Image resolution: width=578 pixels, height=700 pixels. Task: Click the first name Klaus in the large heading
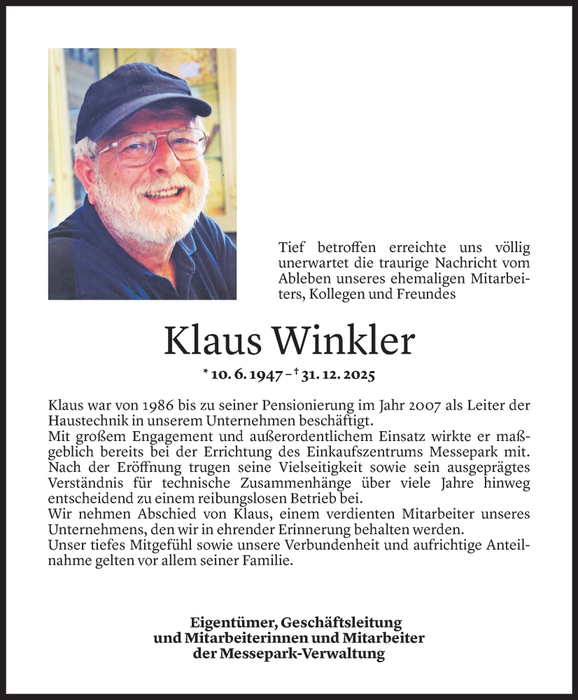coord(211,341)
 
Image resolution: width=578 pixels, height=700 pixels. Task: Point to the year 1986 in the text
coord(152,405)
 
